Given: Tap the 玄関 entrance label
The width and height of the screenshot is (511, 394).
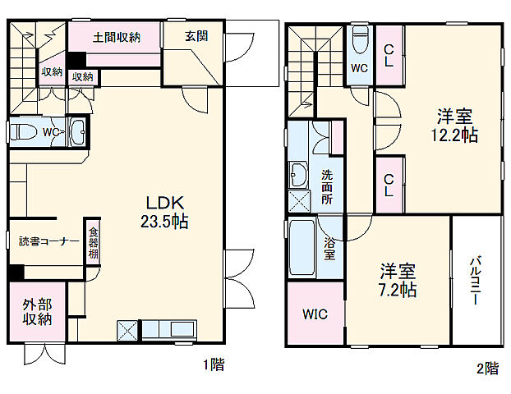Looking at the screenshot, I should click(x=196, y=36).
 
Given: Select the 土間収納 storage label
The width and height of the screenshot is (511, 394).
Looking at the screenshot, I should click(x=116, y=37).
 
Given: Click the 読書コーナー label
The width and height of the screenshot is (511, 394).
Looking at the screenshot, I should click(x=48, y=241).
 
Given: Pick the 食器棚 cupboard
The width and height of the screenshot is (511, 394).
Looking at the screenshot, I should click(x=93, y=241).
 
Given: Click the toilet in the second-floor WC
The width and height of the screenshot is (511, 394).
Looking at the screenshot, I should click(x=360, y=39).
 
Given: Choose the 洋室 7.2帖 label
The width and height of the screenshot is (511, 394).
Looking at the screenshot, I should click(x=398, y=279).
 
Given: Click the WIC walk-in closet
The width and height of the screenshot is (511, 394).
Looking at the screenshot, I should click(x=313, y=314).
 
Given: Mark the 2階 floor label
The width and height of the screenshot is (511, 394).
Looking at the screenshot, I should click(x=486, y=369).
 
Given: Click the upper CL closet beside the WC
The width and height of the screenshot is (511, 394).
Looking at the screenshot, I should click(x=389, y=54).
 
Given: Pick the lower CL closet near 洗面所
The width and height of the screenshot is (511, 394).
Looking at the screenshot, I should click(x=389, y=185).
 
